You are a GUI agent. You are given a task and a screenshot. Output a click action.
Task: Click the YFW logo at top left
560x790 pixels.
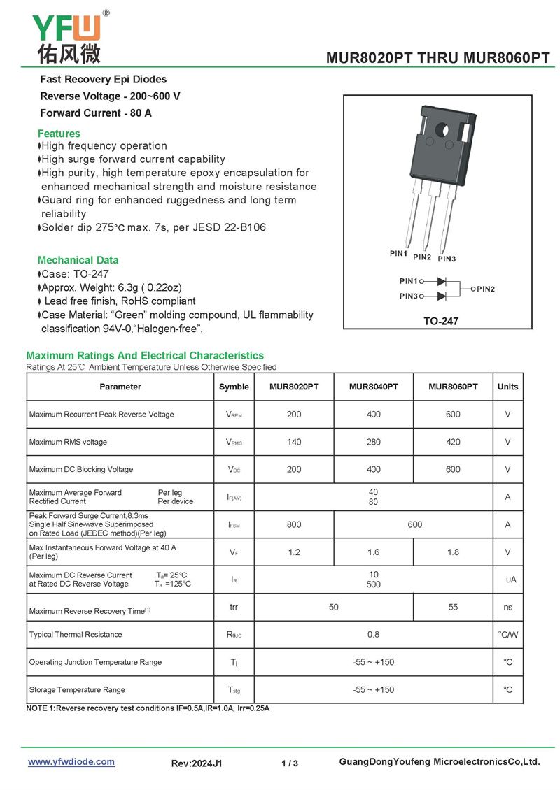[67, 36]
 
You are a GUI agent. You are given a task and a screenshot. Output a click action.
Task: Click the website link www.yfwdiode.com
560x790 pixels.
[71, 762]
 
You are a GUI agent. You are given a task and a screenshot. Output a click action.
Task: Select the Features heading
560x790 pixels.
[59, 134]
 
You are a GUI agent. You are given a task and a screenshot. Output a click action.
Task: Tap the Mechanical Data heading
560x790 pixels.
[78, 260]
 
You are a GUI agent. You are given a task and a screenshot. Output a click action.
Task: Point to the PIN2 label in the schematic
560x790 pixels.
[486, 289]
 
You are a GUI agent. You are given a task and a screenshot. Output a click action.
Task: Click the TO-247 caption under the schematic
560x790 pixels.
[440, 322]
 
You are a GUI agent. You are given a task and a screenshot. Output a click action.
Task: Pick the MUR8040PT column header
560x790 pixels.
[374, 387]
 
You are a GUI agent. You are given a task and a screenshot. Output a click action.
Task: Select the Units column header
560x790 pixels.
[508, 387]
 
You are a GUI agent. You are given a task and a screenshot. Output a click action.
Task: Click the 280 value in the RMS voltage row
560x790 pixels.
[374, 442]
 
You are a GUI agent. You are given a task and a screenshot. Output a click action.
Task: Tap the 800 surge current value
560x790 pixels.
[294, 524]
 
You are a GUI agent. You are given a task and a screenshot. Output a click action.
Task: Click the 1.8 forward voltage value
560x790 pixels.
[453, 552]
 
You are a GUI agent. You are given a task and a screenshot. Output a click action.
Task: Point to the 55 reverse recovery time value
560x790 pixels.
[453, 607]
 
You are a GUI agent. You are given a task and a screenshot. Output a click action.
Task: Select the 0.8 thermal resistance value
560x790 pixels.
[374, 635]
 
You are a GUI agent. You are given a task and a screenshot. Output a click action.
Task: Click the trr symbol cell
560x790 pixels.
[234, 607]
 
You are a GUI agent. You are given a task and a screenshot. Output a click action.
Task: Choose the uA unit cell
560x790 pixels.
[511, 580]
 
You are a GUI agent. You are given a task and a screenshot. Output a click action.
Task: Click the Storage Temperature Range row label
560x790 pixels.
[77, 690]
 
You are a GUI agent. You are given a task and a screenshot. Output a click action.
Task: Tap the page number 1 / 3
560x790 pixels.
[290, 763]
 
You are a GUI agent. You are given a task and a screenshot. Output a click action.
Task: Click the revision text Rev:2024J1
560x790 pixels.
[197, 763]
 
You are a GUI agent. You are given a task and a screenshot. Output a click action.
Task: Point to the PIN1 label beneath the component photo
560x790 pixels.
[399, 254]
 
